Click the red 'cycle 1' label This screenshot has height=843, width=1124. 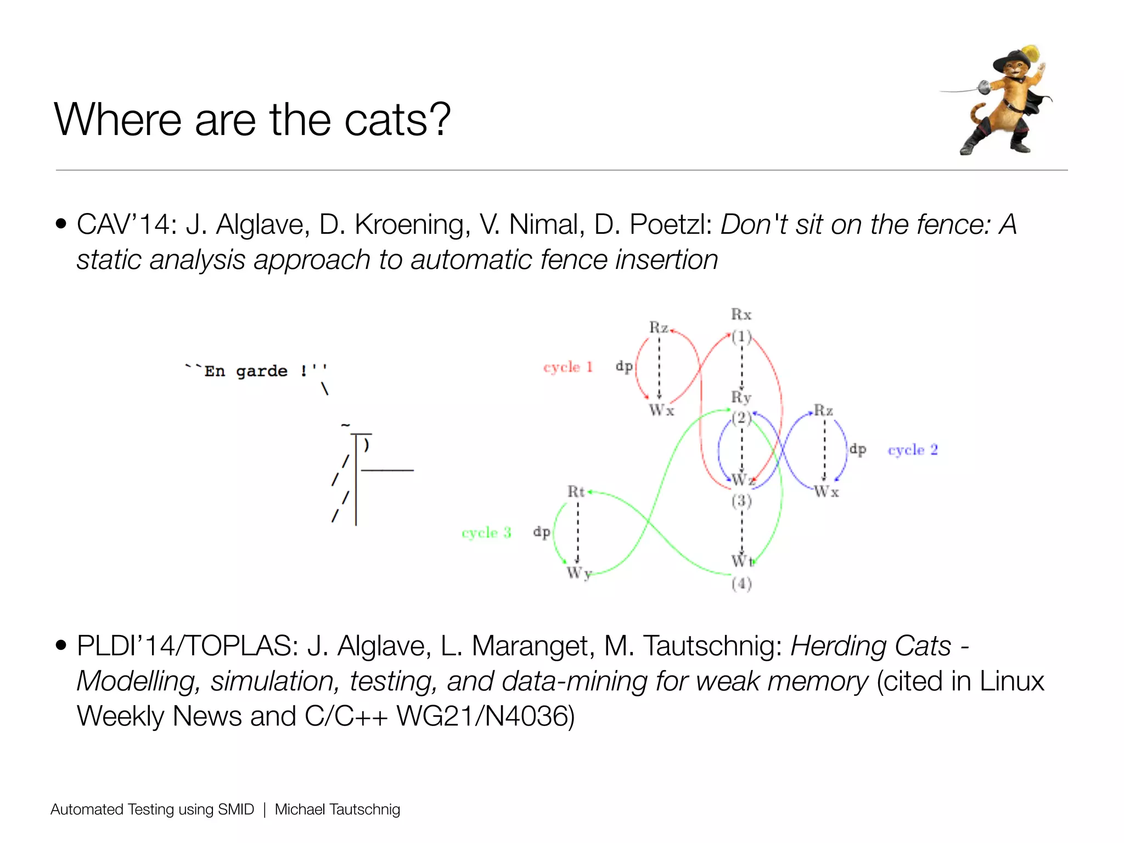[x=568, y=367]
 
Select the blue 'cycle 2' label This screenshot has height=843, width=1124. [x=913, y=450]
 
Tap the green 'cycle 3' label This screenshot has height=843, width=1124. [x=486, y=532]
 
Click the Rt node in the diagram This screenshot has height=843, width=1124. [x=576, y=492]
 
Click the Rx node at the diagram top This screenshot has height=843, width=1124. [x=741, y=314]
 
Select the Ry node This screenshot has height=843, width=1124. [x=741, y=397]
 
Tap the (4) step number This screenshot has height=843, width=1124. [x=741, y=584]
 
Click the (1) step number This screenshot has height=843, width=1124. [x=741, y=336]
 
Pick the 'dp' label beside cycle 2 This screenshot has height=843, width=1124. [x=858, y=449]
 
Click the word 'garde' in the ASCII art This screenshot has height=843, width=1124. [x=262, y=372]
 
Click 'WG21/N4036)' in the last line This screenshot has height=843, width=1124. [x=485, y=716]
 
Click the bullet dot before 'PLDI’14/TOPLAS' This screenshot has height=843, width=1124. [x=61, y=645]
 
